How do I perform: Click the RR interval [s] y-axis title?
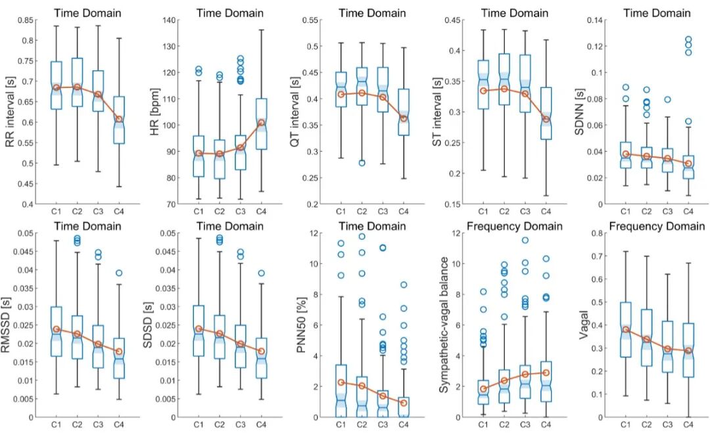[x=9, y=112]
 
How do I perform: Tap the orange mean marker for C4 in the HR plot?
[x=261, y=123]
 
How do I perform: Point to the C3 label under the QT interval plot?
[x=383, y=212]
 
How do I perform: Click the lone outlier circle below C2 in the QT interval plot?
[x=362, y=163]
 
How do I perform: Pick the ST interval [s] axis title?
[x=437, y=112]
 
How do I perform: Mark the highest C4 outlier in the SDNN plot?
[x=688, y=39]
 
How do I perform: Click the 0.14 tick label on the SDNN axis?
[x=596, y=20]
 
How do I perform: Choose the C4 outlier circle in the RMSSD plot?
[x=118, y=273]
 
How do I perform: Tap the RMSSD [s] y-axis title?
[x=9, y=325]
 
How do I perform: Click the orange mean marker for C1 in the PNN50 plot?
[x=341, y=382]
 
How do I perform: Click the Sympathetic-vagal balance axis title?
[x=444, y=325]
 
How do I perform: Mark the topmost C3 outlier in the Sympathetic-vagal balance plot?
[x=525, y=240]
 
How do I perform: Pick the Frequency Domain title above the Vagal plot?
[x=657, y=226]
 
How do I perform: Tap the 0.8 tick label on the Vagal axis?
[x=600, y=233]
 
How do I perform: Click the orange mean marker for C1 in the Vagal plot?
[x=625, y=329]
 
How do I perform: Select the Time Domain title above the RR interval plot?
[x=88, y=12]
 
